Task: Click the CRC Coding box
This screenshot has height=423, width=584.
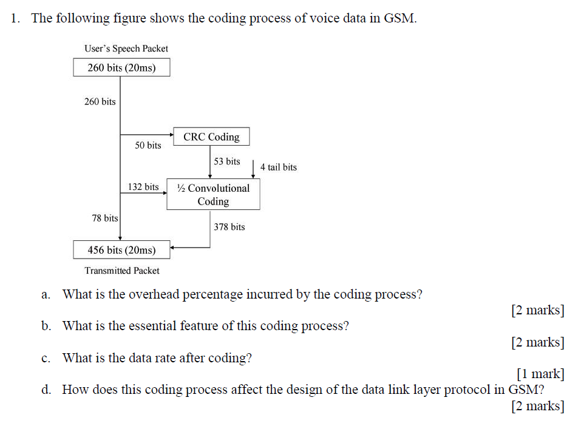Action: coord(211,137)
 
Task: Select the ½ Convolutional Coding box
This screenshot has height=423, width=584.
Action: coord(213,194)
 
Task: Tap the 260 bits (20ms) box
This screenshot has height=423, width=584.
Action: coord(121,67)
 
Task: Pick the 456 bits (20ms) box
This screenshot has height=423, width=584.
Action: coord(121,249)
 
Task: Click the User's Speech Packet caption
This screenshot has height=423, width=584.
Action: coord(127,49)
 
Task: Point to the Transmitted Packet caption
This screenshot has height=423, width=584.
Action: coord(122,271)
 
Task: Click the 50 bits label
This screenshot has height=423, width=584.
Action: coord(148,146)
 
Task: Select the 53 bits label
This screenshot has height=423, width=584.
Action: coord(227,161)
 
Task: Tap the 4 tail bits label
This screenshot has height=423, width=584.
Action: coord(279,167)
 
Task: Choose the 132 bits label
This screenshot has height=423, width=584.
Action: coord(143,187)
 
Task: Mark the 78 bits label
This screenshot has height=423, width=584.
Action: coord(105,218)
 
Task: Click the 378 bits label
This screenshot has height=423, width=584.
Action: coord(229,227)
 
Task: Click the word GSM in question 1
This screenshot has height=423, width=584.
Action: coord(399,18)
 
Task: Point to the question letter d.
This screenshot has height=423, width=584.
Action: coord(46,390)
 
